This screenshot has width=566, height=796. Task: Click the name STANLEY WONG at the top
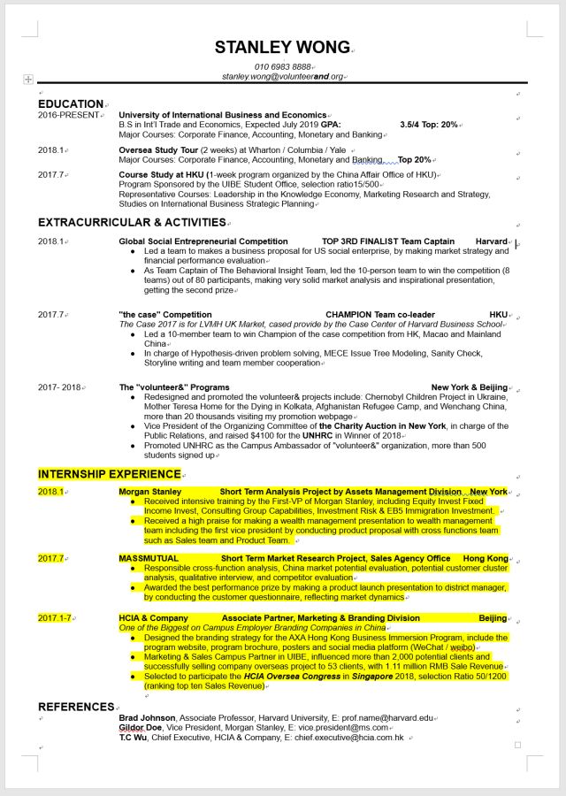282,47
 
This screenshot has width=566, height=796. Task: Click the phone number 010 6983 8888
282,67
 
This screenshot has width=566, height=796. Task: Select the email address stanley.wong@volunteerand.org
282,77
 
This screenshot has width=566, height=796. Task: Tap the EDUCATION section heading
71,104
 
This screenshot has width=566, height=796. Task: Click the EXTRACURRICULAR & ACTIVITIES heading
132,223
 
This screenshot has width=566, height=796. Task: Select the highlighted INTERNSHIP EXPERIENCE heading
109,475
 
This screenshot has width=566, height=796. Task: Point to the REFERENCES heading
75,707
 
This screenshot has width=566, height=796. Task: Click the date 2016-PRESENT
69,115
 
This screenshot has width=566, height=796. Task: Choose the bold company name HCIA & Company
153,618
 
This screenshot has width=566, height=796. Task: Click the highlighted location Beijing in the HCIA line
493,618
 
